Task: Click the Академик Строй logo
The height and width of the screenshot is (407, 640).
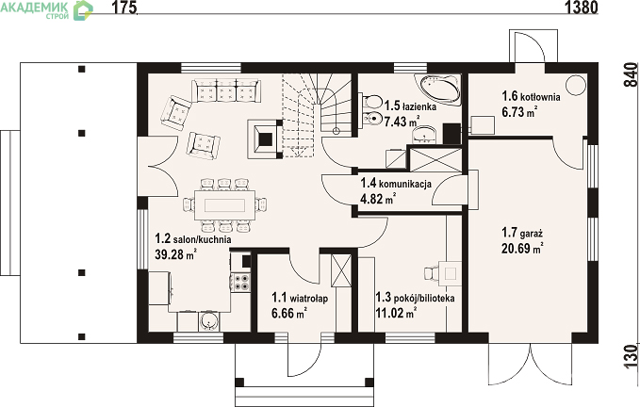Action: coord(46,9)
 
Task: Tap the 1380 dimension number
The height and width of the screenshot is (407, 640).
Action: coord(582,8)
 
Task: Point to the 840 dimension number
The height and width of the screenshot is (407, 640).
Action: coord(631,74)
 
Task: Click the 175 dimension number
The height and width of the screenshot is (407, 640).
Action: coord(123,8)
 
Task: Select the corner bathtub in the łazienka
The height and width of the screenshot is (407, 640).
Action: coord(438,90)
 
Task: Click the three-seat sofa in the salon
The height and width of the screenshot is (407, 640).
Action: coord(226,90)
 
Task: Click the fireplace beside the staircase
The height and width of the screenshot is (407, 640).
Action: coord(265,139)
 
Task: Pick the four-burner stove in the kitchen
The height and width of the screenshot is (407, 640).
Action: coord(240,282)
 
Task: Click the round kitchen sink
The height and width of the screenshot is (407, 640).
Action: coord(209,321)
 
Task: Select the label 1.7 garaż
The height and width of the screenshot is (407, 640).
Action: coord(522,233)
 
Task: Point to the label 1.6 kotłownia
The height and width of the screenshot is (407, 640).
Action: coord(531,96)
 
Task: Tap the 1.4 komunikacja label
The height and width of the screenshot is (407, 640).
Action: coord(396,183)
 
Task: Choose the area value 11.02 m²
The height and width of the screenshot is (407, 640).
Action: coord(396,313)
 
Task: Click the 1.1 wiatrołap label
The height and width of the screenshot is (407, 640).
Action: coord(300,298)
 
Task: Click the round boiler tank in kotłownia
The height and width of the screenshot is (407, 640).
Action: coord(576,85)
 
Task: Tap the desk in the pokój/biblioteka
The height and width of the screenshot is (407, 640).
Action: coord(451,272)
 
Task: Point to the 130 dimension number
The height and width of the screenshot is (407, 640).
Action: coord(631,355)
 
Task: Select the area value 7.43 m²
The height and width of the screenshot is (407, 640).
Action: coord(402,122)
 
